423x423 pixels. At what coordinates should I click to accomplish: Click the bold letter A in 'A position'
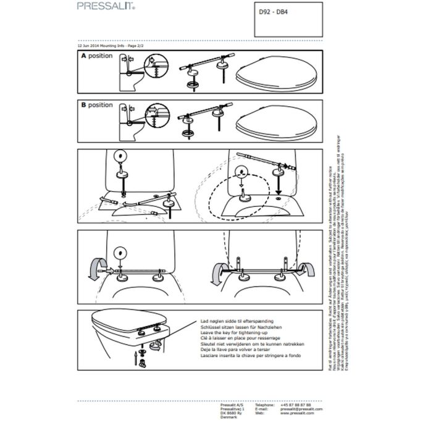pos(83,56)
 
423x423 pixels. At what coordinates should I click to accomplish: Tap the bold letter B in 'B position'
pos(83,105)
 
